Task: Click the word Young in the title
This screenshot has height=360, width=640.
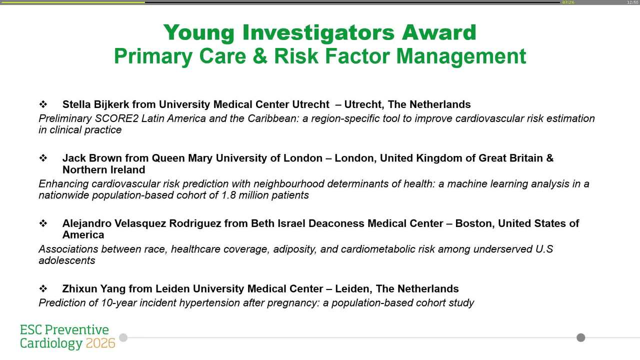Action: click(198, 33)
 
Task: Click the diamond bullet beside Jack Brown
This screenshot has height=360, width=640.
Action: click(43, 158)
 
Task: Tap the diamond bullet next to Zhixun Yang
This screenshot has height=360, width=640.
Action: click(43, 288)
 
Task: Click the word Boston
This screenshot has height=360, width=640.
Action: click(473, 223)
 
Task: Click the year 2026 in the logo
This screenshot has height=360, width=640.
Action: click(100, 343)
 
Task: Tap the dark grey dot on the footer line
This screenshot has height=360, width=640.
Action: click(580, 337)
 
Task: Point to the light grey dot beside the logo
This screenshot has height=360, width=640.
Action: click(123, 337)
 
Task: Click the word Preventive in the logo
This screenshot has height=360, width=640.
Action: click(76, 330)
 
